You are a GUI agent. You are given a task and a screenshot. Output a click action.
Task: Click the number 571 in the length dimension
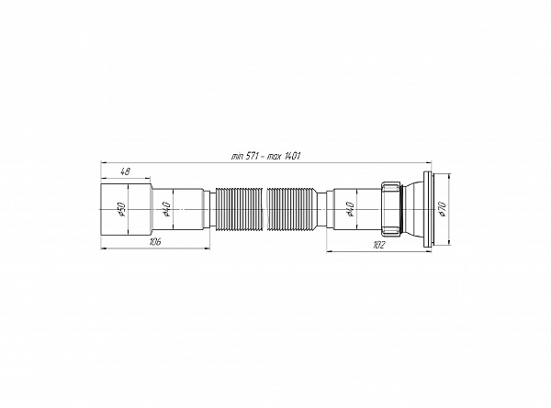(250, 156)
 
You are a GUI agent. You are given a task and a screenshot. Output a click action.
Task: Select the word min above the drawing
(237, 157)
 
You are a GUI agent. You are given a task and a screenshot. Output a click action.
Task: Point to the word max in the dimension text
(274, 157)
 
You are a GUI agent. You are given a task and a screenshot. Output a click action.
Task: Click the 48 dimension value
(125, 171)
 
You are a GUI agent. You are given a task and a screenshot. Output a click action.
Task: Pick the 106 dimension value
(154, 242)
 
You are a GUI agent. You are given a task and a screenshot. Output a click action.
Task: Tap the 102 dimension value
(378, 245)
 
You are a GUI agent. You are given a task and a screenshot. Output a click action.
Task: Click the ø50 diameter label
(121, 209)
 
